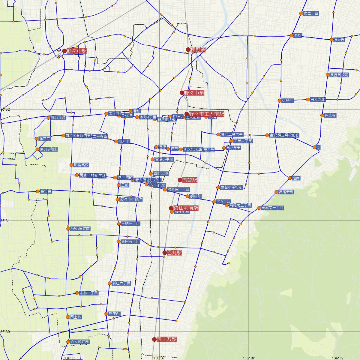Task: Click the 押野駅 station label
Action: click(x=198, y=49)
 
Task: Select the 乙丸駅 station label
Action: click(x=174, y=253)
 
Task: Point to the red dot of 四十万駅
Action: click(x=154, y=340)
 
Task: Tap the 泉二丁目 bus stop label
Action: click(x=311, y=13)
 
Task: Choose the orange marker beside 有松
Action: click(x=292, y=35)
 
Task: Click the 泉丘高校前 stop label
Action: click(x=339, y=75)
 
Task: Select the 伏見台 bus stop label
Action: click(x=287, y=101)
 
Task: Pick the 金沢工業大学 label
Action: click(x=232, y=134)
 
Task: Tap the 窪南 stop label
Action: click(x=296, y=178)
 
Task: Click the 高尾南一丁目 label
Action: click(x=272, y=208)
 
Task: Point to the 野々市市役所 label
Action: click(x=131, y=199)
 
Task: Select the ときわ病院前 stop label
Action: click(x=80, y=229)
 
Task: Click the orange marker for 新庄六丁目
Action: click(x=110, y=283)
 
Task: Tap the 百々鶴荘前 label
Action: click(x=79, y=342)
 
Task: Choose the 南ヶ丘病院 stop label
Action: click(x=48, y=149)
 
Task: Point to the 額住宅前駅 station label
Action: click(x=186, y=208)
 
